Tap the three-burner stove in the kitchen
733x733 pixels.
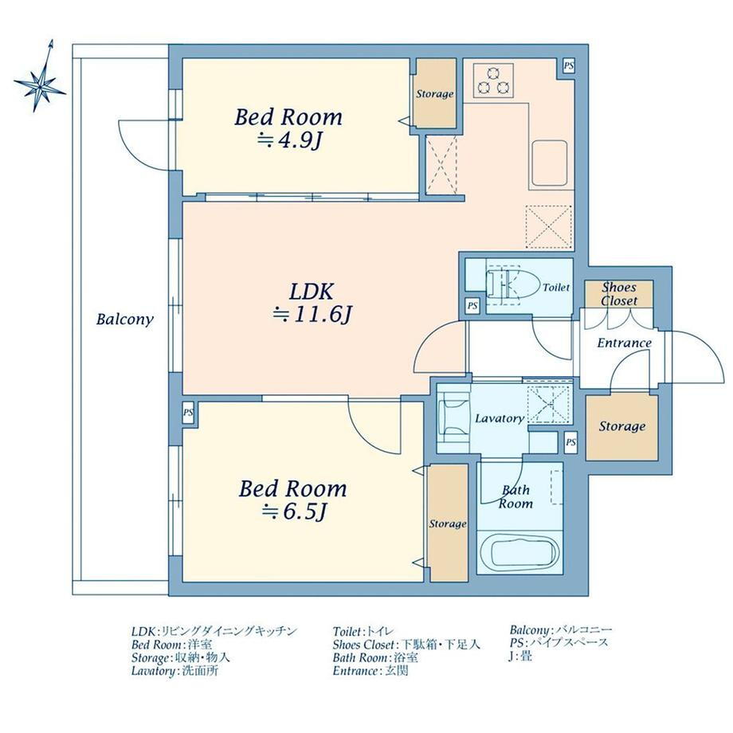tap(493, 80)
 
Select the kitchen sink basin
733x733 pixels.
tap(550, 162)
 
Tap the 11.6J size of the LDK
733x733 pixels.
tap(312, 315)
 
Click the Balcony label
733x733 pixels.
tap(125, 319)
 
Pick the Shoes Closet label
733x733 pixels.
tap(619, 293)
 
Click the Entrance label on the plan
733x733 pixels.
tap(624, 343)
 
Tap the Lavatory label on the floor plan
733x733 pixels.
tap(500, 418)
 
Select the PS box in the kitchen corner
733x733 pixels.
tap(568, 66)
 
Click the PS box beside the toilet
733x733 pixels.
tap(472, 306)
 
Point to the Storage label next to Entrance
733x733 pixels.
tap(622, 426)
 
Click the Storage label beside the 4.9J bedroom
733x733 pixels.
tap(435, 94)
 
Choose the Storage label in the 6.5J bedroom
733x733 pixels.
tap(448, 524)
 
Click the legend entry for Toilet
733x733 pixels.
tap(363, 632)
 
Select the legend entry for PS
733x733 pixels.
tap(559, 642)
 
